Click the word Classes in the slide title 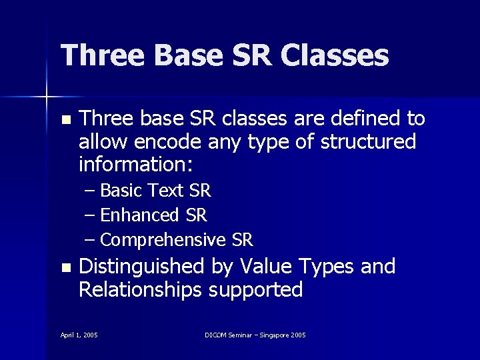tap(335, 55)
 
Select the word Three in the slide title tap(102, 55)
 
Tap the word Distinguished tap(141, 267)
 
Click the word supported tap(256, 290)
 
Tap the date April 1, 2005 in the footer tap(79, 335)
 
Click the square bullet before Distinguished tap(65, 268)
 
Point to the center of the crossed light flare tap(47, 97)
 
